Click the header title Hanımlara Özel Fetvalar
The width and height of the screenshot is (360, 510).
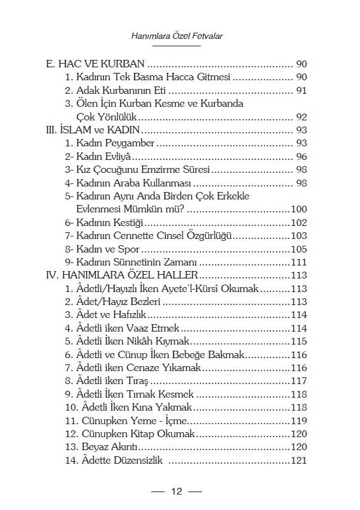point(177,37)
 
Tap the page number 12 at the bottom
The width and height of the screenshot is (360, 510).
point(177,491)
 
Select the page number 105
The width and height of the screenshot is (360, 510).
point(298,249)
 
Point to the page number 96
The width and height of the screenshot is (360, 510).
point(301,157)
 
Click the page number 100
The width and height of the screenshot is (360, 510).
point(298,210)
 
